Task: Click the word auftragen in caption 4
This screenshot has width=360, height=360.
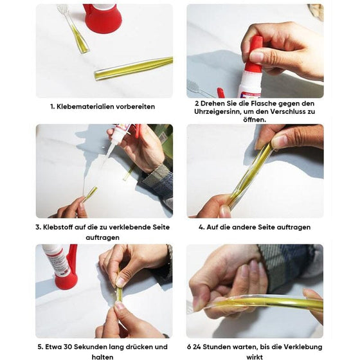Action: (292, 227)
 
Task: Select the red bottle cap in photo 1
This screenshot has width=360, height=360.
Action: (103, 19)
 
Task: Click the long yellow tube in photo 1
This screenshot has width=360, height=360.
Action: (133, 68)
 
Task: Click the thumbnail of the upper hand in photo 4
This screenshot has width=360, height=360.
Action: (280, 141)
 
